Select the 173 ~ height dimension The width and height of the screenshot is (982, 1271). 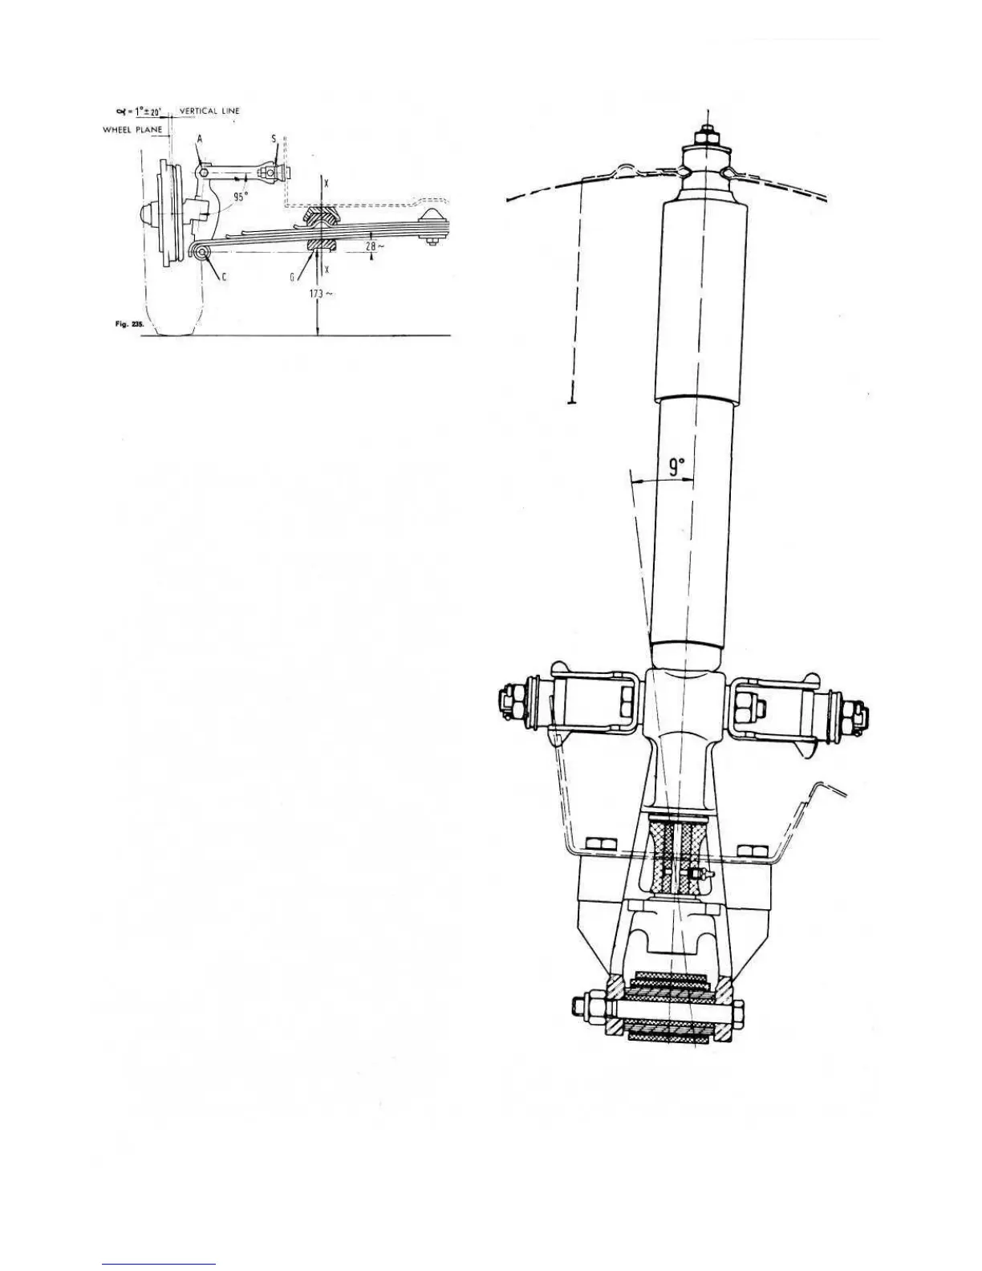point(323,294)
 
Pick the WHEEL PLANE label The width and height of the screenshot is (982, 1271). point(132,129)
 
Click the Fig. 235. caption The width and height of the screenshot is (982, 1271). point(128,324)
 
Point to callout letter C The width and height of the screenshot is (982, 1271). point(224,276)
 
